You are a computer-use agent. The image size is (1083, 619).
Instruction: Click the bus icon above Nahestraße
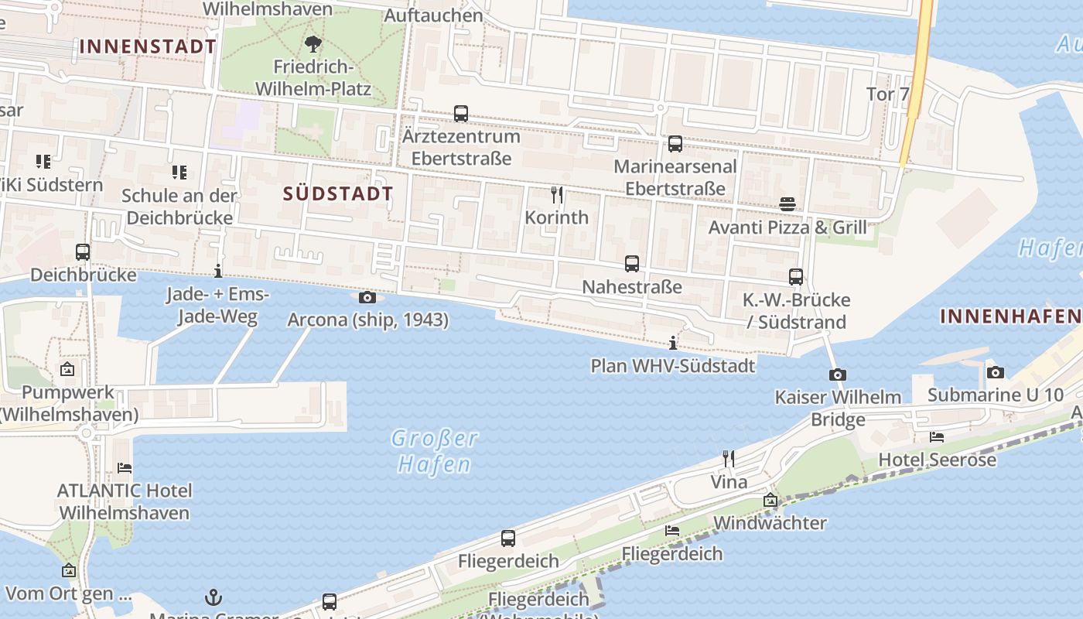point(632,264)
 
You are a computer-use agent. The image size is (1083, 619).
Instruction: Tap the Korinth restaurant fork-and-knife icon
point(556,194)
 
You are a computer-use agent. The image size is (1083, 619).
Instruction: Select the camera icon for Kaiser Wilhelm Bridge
point(837,375)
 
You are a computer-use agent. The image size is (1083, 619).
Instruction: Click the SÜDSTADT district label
point(338,194)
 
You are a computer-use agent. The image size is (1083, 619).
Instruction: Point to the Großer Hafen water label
point(434,451)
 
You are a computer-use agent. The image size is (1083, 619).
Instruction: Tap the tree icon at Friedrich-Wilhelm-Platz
point(313,43)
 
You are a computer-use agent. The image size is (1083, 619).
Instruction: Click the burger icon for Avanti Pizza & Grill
point(787,204)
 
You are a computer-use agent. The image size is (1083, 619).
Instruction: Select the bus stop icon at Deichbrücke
point(83,252)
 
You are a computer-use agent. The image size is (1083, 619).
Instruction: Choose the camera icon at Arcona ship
point(367,298)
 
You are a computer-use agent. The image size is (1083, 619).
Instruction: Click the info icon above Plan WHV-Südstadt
point(673,343)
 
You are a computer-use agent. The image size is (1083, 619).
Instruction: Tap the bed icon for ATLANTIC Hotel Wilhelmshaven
point(125,468)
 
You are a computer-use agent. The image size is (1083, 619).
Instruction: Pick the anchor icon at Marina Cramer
point(213,597)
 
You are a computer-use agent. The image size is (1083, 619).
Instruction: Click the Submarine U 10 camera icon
point(996,373)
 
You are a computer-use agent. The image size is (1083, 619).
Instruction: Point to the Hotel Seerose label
point(937,460)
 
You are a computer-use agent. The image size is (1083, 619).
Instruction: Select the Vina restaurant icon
point(728,459)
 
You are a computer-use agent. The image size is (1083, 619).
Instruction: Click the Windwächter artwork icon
point(770,501)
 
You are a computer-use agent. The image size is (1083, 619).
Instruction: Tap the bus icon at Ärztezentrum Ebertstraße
point(461,114)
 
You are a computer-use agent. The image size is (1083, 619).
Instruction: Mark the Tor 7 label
point(887,94)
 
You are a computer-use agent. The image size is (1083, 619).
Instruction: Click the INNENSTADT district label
point(148,46)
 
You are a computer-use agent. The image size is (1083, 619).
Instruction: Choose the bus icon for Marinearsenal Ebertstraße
point(675,144)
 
